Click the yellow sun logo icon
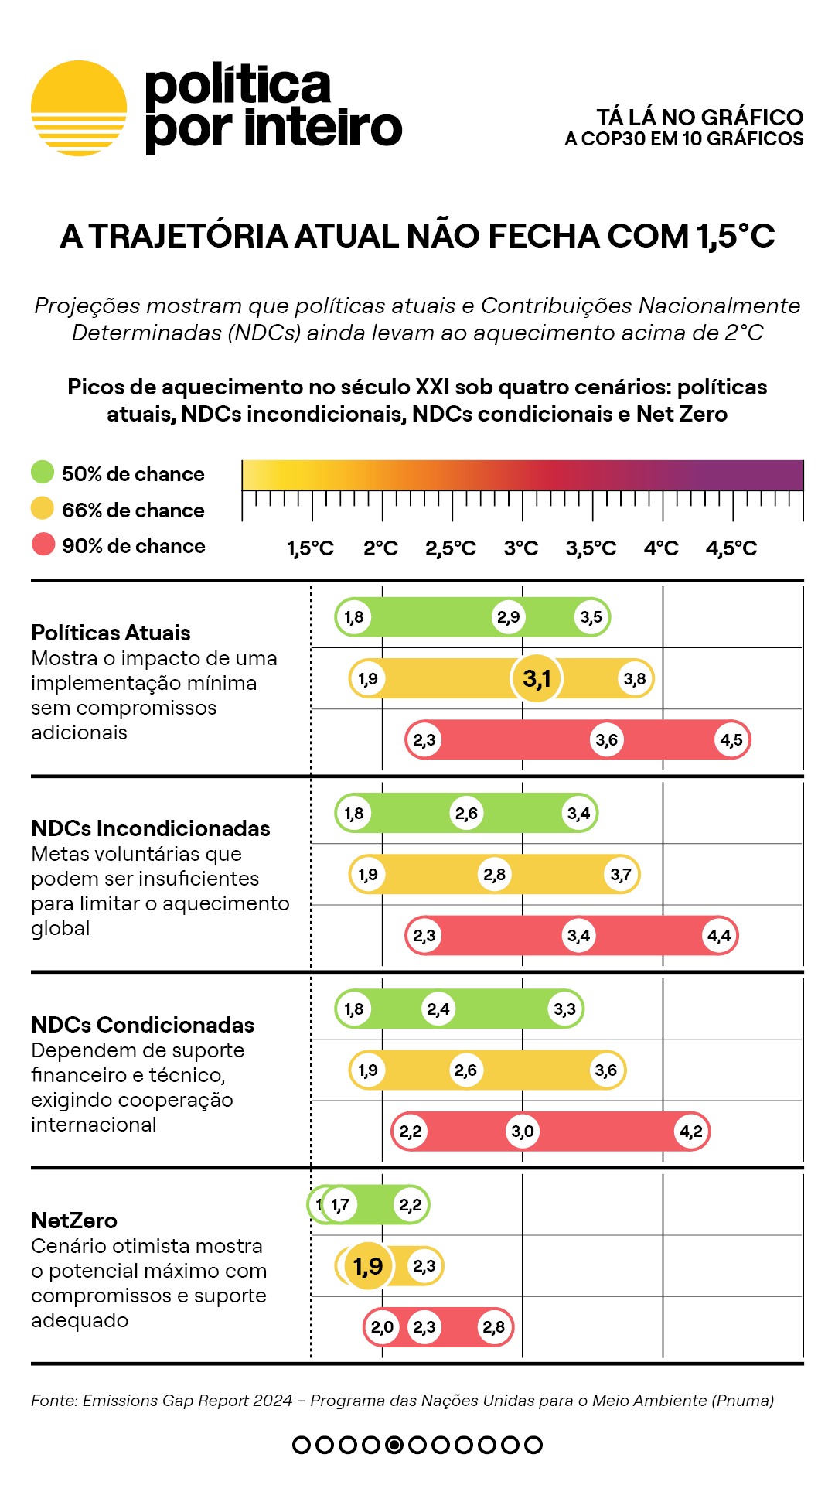[x=79, y=108]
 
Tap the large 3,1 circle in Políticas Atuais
[x=537, y=678]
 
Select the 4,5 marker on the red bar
[x=731, y=740]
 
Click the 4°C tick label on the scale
[x=661, y=548]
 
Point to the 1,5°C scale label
[x=310, y=548]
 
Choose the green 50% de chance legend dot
[x=43, y=472]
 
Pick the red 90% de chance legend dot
[x=43, y=544]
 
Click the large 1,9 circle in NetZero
[x=368, y=1266]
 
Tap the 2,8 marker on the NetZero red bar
[x=494, y=1327]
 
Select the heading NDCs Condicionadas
[x=143, y=1025]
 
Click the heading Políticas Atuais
[x=111, y=633]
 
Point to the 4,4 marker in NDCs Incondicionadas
[x=719, y=936]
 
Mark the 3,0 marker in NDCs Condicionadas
[x=523, y=1132]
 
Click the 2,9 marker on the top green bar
[x=509, y=617]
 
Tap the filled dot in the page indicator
[x=394, y=1445]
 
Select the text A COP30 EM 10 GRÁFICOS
[x=684, y=139]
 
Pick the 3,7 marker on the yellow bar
[x=621, y=875]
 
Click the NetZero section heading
[x=74, y=1220]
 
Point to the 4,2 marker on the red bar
[x=691, y=1132]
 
